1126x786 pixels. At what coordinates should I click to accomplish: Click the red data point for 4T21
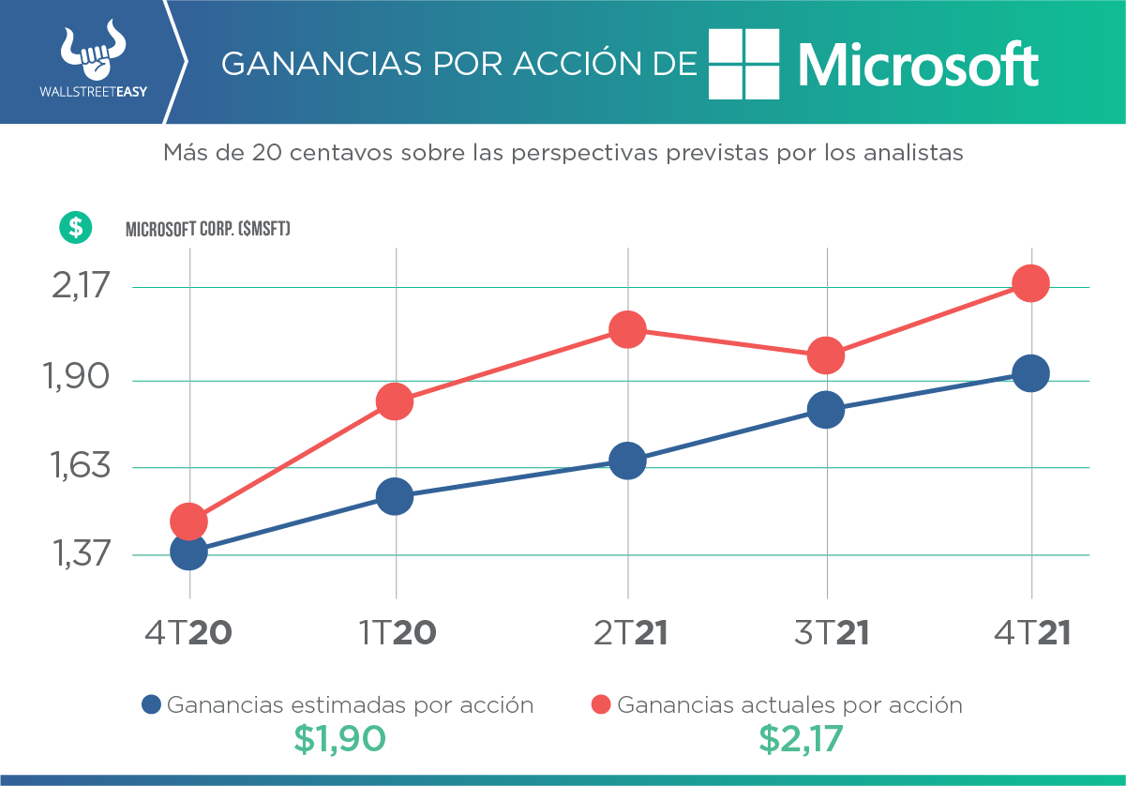1030,283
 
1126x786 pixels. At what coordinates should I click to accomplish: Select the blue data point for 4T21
1030,373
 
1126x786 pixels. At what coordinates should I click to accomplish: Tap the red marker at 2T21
626,329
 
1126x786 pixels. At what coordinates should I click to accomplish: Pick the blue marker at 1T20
395,496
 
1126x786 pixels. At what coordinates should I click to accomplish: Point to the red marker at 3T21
825,355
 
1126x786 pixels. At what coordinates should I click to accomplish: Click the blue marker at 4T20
188,551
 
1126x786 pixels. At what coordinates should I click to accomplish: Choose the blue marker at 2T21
626,461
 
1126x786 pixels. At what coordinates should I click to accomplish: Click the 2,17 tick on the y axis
81,286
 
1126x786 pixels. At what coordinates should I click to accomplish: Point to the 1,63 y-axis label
81,466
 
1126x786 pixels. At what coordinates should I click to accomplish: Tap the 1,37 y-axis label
81,554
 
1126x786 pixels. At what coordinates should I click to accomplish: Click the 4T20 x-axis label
188,633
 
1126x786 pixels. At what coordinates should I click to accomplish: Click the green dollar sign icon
74,226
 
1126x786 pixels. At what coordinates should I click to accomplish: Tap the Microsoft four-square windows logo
743,64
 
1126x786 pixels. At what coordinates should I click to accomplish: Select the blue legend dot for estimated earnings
151,705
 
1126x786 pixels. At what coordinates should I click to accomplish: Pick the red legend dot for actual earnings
601,705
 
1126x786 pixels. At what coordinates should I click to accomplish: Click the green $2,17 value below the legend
800,740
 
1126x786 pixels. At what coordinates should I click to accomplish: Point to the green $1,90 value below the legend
338,740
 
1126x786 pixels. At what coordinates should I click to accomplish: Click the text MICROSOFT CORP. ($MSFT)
207,228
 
